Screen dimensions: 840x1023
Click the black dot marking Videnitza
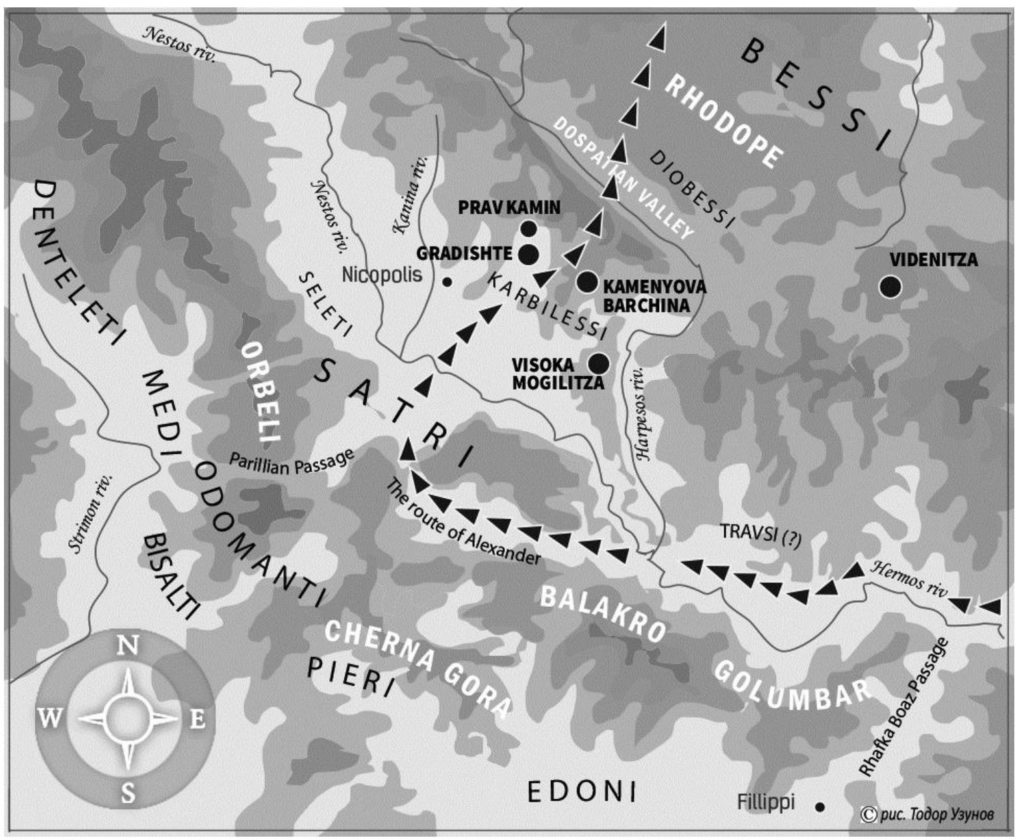[x=889, y=287]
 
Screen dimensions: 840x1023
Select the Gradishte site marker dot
[x=528, y=254]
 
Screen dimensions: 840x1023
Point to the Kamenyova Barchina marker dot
[x=588, y=282]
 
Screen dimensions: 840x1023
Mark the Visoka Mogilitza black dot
[x=598, y=363]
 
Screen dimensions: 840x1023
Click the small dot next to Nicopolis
[x=447, y=282]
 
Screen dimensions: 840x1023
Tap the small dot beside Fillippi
[x=819, y=807]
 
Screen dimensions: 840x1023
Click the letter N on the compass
[x=128, y=646]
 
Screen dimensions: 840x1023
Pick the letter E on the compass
[x=197, y=720]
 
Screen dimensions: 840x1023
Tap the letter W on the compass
[x=50, y=720]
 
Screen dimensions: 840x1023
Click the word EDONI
[x=582, y=792]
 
